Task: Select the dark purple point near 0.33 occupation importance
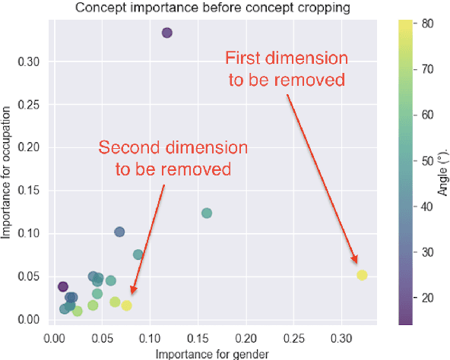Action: (167, 33)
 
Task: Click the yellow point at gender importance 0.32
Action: (362, 275)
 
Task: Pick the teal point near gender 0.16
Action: (206, 213)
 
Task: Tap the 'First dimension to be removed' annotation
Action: (285, 69)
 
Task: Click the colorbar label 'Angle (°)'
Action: (443, 174)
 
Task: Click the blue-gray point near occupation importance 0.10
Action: (119, 232)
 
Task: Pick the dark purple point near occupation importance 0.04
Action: (63, 286)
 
